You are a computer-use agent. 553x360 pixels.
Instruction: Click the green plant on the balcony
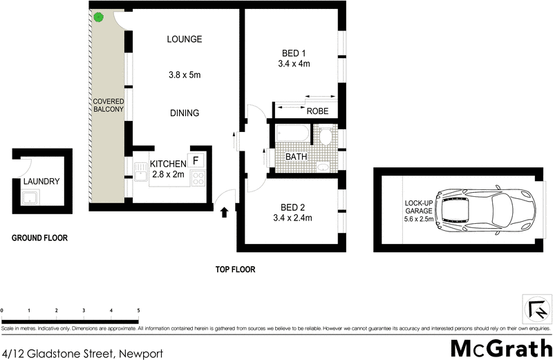coord(99,17)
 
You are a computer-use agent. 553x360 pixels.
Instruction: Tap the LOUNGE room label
coord(184,39)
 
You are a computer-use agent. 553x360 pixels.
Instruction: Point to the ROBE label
coord(317,111)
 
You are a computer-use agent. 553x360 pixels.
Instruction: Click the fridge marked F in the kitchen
coord(196,160)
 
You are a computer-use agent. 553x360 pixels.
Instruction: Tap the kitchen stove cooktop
coord(197,180)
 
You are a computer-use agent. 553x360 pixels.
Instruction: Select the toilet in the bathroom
coord(326,135)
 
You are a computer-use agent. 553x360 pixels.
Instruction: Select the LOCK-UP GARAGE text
coord(418,211)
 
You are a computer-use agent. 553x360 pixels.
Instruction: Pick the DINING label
coord(184,113)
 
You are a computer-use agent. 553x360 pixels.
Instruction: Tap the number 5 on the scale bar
coord(139,310)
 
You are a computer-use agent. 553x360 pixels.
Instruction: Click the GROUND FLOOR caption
coord(39,238)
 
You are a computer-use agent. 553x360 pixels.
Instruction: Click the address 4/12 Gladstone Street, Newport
coord(82,352)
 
